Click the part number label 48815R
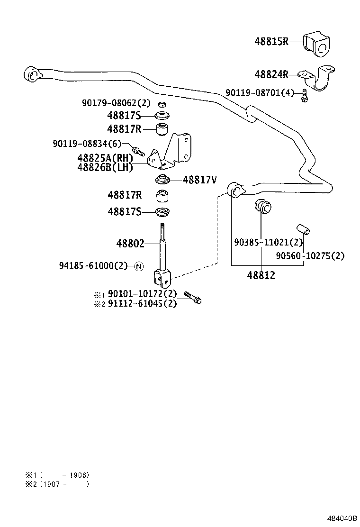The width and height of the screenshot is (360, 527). tap(271, 42)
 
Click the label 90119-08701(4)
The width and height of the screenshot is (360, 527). tap(260, 93)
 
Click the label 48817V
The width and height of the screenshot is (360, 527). tap(199, 180)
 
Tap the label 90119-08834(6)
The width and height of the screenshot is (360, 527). tap(87, 144)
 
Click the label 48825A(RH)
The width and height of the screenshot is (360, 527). tap(105, 158)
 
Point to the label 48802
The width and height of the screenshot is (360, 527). tap(130, 244)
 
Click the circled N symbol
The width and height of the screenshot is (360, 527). tap(138, 266)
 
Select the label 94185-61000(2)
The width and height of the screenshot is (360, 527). tap(93, 266)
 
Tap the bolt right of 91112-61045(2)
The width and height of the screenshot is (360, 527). tap(192, 297)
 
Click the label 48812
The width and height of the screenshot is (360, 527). tap(261, 275)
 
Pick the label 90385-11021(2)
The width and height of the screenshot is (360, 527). tap(268, 242)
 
